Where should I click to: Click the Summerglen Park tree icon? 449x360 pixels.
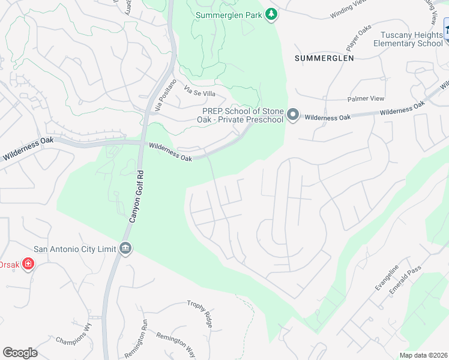(x=271, y=14)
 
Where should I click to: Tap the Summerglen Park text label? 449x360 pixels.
(x=230, y=14)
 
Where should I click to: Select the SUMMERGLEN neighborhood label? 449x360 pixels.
(x=324, y=58)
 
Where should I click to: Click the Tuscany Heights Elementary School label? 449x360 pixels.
(x=408, y=39)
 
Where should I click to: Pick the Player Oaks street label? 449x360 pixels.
(x=356, y=40)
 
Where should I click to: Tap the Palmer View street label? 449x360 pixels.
(x=366, y=99)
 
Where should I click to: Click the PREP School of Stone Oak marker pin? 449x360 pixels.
(x=292, y=114)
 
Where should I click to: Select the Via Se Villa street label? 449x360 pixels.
(x=199, y=92)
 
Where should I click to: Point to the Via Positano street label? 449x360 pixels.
(x=166, y=95)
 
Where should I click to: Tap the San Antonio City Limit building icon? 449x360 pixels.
(x=125, y=248)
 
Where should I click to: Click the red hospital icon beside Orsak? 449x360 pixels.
(x=28, y=264)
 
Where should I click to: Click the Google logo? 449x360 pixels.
(x=20, y=353)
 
